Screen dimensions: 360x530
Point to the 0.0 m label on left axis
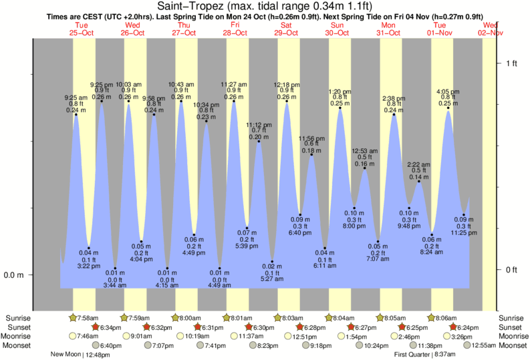[15, 275]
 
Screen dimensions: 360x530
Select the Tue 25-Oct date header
[82, 28]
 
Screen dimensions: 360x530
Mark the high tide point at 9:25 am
[76, 115]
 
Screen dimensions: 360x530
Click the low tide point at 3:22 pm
[88, 248]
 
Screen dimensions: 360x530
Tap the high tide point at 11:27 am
[234, 102]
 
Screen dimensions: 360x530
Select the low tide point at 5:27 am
[272, 262]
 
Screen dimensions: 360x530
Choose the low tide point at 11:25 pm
[463, 215]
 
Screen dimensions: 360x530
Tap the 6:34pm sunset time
[110, 327]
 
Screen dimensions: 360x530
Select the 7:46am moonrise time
[87, 336]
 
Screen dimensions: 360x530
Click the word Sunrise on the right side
[512, 318]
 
